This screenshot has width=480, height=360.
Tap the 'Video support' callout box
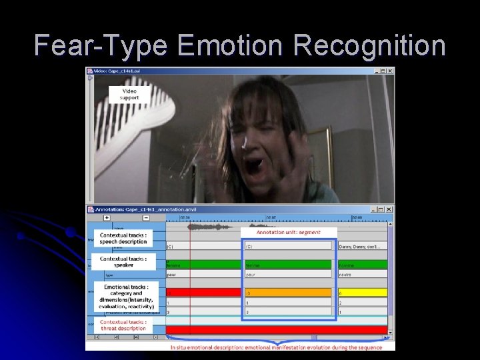(129, 94)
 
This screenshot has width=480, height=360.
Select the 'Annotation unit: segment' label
(289, 232)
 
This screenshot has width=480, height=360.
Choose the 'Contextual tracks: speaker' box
(123, 262)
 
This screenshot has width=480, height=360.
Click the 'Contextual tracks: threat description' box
(123, 325)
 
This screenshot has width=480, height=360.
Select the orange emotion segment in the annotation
(288, 292)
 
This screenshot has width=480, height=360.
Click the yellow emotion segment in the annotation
(363, 292)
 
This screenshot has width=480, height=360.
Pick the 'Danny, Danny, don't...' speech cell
(363, 246)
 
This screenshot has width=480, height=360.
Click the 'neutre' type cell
(363, 274)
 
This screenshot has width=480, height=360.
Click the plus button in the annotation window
(107, 217)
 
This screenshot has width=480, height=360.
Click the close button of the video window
(389, 71)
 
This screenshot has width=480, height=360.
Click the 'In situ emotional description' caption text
(276, 347)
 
